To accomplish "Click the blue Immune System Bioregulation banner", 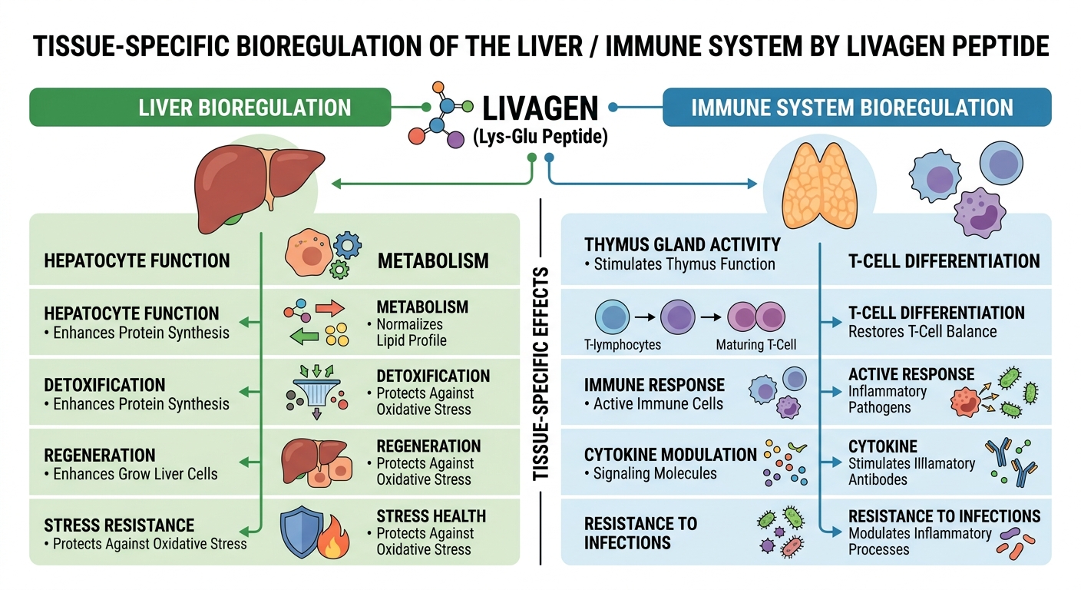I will coord(856,107).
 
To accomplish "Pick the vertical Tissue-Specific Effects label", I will coord(541,373).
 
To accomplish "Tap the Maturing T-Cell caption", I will coord(756,345).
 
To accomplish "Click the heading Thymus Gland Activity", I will coord(682,245).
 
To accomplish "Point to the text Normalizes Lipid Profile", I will coord(412,332).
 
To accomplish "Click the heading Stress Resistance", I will coord(119,525).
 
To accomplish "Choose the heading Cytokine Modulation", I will coord(670,455).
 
